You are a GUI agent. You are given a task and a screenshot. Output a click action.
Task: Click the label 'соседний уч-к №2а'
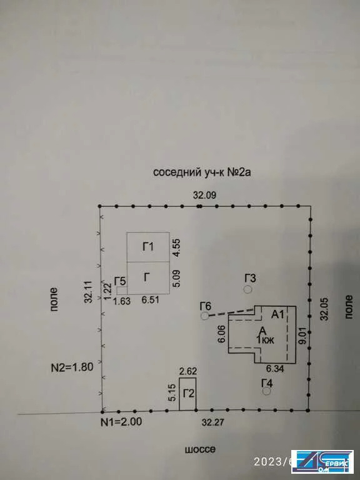202,172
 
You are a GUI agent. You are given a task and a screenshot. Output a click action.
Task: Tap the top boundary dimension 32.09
205,195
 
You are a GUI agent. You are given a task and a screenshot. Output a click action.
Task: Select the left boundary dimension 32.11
89,292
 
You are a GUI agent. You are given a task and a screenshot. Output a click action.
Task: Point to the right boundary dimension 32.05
324,309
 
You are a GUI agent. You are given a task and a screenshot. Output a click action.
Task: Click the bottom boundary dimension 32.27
213,422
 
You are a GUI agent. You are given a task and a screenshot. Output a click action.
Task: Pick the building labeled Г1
148,247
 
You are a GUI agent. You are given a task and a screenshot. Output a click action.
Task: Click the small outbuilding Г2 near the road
187,394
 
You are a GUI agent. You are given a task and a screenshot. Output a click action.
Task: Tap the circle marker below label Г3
248,289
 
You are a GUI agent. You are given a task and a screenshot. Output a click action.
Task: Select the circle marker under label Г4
267,391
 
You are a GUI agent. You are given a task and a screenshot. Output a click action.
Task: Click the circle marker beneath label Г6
205,316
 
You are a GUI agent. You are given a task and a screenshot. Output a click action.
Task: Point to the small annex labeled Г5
122,291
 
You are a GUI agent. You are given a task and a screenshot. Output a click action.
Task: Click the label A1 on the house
278,314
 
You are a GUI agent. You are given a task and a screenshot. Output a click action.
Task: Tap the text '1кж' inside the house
265,339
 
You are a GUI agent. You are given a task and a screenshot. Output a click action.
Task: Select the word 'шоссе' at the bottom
200,450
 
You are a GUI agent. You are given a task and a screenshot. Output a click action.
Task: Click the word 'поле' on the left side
54,299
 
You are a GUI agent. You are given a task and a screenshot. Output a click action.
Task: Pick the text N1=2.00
121,422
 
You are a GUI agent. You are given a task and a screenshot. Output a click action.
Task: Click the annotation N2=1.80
72,367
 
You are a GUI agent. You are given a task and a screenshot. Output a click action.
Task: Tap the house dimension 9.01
302,336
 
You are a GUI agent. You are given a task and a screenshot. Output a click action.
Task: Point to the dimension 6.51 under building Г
150,299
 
